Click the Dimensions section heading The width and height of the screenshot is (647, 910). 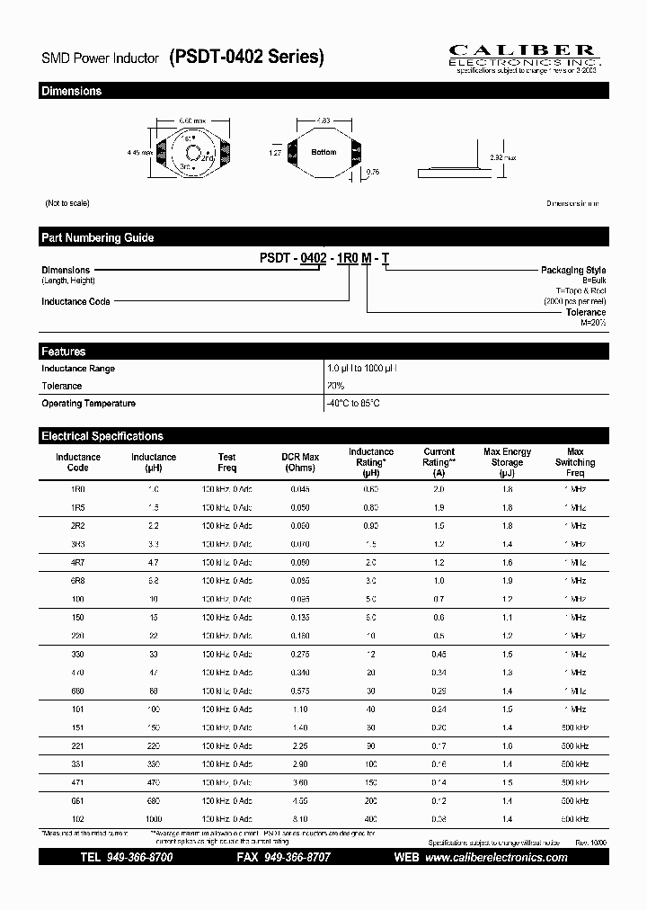72,91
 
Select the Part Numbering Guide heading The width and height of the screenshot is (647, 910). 97,237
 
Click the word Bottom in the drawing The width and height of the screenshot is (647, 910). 323,152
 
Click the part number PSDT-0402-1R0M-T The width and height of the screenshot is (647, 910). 324,258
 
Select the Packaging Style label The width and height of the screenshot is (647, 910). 572,270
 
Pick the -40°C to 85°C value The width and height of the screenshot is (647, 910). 353,404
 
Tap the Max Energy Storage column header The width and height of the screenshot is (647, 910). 507,462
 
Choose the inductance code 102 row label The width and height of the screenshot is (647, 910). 78,819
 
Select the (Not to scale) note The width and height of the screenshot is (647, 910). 67,203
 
